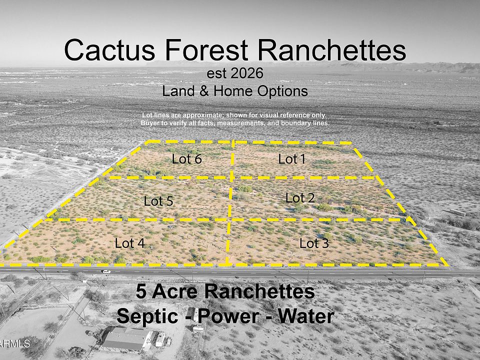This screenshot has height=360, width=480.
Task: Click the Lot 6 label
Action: [x=186, y=159]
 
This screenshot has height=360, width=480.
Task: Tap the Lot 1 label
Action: [x=291, y=159]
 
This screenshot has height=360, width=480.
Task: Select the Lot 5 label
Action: [x=158, y=201]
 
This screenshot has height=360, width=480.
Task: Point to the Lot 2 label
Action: [x=300, y=198]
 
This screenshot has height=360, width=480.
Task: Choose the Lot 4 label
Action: [x=130, y=243]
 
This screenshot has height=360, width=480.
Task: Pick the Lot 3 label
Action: [x=314, y=243]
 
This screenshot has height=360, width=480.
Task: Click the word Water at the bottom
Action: [x=303, y=316]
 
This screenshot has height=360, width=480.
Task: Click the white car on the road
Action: [x=105, y=271]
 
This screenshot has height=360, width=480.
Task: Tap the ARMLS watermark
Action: [x=15, y=344]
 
